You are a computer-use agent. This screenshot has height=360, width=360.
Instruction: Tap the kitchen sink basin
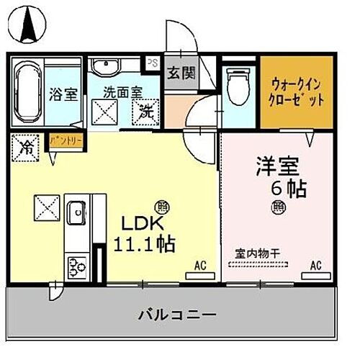pyautogui.click(x=75, y=214)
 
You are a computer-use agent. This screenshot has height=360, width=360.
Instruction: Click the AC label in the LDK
pyautogui.click(x=200, y=266)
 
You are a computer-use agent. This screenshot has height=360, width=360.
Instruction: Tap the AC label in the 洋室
pyautogui.click(x=315, y=266)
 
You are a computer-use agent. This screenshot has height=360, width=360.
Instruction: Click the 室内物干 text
pyautogui.click(x=256, y=253)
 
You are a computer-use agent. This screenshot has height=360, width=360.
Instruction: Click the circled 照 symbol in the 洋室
pyautogui.click(x=278, y=208)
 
